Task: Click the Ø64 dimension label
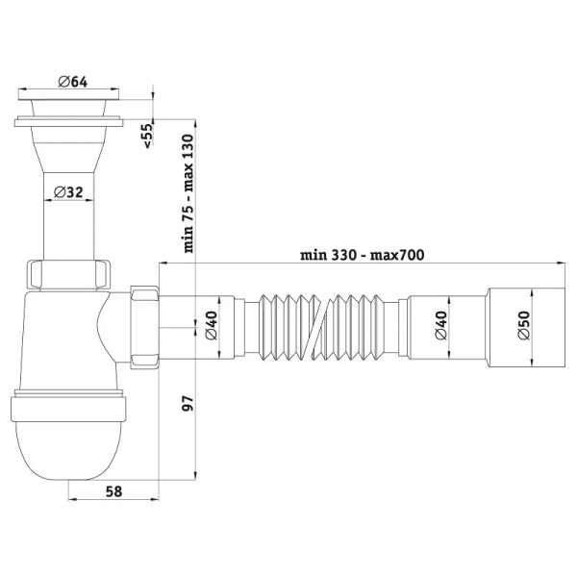pyautogui.click(x=73, y=82)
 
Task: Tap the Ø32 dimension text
pyautogui.click(x=68, y=191)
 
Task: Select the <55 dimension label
pyautogui.click(x=147, y=136)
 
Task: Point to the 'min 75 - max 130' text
pyautogui.click(x=188, y=193)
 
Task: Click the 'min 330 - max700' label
pyautogui.click(x=363, y=255)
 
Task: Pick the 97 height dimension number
pyautogui.click(x=188, y=404)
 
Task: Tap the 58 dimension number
pyautogui.click(x=113, y=491)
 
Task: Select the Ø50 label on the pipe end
pyautogui.click(x=524, y=325)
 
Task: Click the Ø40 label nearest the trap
pyautogui.click(x=212, y=326)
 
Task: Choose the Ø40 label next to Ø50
pyautogui.click(x=440, y=326)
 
